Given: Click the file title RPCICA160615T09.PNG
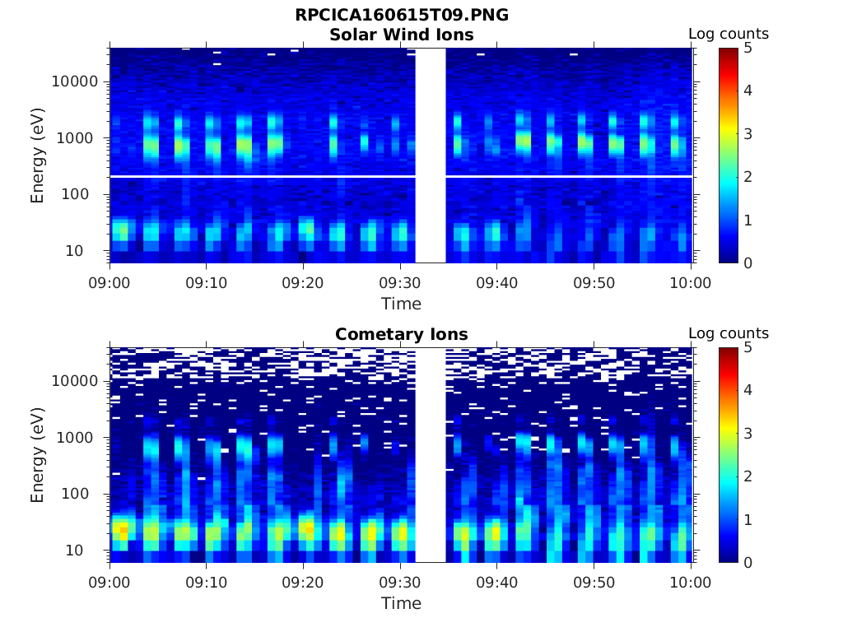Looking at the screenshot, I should point(402,16).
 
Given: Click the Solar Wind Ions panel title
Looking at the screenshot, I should point(402,35).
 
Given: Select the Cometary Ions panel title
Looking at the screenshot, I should point(402,335).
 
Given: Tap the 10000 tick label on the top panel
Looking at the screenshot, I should point(76,82).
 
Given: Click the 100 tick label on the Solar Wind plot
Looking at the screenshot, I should point(84,194).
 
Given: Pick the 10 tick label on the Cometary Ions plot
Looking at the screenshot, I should point(88,550).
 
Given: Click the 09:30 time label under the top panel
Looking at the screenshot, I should point(400,283).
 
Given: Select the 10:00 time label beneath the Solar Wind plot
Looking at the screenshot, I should point(691,283).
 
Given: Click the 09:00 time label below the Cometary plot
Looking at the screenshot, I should point(109,583).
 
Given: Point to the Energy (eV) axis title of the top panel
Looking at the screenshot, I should point(38,155).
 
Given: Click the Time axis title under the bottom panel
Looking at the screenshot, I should point(401,603).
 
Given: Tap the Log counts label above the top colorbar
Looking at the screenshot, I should point(729,35).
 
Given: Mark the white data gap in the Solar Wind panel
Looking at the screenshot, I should point(431,155).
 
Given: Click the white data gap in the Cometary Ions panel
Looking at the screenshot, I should point(431,454).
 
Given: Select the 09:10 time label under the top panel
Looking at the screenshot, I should point(207,283).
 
